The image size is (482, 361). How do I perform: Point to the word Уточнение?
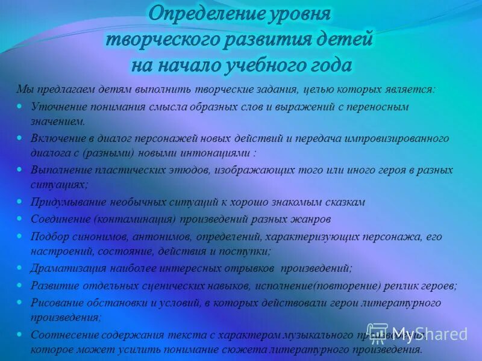point(58,106)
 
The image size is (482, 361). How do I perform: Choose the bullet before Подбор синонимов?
point(19,236)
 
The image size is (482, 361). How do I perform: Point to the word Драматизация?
point(63,268)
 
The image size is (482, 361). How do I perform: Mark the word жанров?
point(314,219)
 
